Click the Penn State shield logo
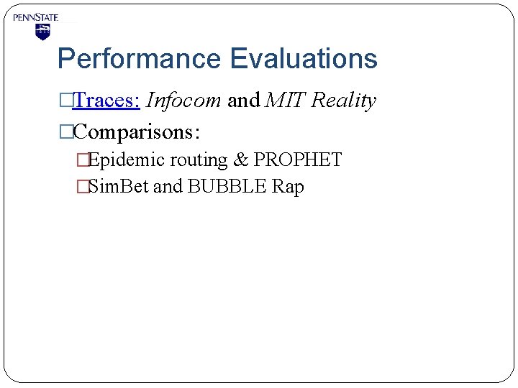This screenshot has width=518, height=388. pyautogui.click(x=42, y=32)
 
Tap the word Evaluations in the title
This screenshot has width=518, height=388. pyautogui.click(x=303, y=59)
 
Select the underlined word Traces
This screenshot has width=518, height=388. pyautogui.click(x=106, y=101)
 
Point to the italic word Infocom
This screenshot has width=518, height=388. pyautogui.click(x=183, y=101)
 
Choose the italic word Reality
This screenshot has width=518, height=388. pyautogui.click(x=344, y=101)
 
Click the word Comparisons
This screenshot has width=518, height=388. pyautogui.click(x=136, y=131)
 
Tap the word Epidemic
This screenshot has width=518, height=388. pyautogui.click(x=125, y=160)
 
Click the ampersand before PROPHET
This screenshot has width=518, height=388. pyautogui.click(x=241, y=160)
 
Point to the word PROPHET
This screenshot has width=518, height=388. pyautogui.click(x=298, y=160)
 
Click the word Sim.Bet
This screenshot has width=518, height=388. pyautogui.click(x=118, y=187)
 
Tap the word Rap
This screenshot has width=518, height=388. pyautogui.click(x=288, y=187)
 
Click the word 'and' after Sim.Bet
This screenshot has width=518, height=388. pyautogui.click(x=168, y=187)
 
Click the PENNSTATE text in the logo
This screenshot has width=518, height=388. pyautogui.click(x=35, y=17)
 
